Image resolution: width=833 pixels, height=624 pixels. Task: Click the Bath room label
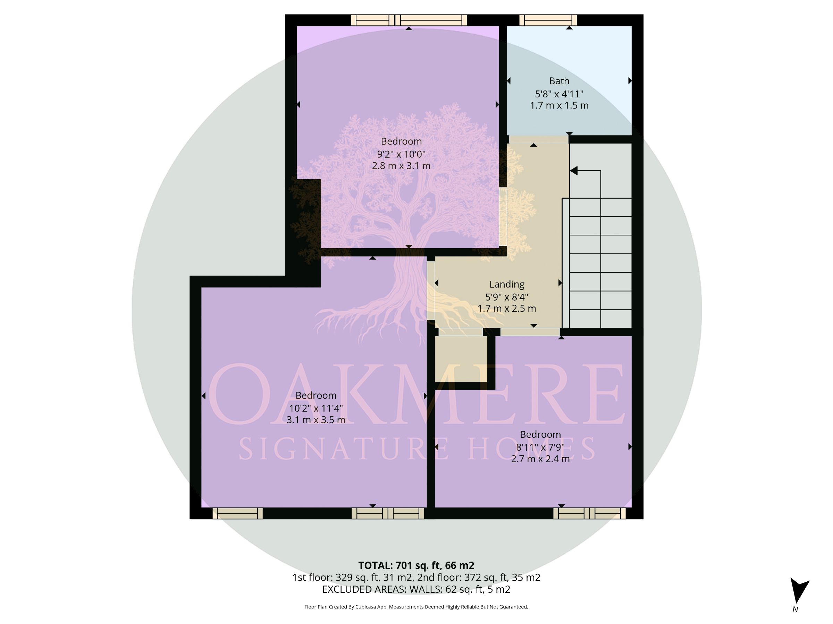pos(559,81)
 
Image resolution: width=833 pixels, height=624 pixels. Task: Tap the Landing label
pos(506,284)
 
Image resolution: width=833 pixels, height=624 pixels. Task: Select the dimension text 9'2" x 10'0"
pos(401,154)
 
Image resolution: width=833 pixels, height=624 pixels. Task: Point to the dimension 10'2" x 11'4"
pos(315,408)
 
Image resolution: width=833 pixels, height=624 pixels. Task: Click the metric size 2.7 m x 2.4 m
pos(540,459)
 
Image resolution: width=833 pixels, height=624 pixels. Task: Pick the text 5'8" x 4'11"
pos(559,93)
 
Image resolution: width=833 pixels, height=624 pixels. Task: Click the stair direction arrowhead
pos(573,171)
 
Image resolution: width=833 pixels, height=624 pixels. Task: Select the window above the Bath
pos(548,20)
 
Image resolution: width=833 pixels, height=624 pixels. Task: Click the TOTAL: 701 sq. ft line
pos(416,565)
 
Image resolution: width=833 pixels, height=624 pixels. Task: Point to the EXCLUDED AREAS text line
pos(416,589)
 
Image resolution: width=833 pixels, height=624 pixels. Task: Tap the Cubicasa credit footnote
pos(416,607)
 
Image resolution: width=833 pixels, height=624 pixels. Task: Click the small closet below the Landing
pos(461,358)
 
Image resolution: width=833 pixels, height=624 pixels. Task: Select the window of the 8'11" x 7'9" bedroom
pos(589,513)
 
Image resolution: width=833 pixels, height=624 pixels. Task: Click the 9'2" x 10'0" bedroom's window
pos(409,20)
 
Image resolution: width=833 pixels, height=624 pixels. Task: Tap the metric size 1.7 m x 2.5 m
pos(506,309)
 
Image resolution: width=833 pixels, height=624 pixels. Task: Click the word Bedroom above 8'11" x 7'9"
pos(540,434)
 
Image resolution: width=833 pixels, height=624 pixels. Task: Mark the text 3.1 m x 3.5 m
pos(315,419)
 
